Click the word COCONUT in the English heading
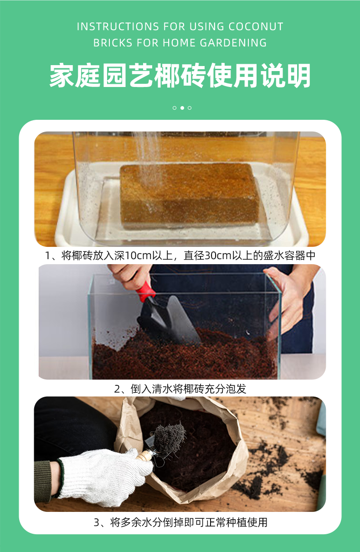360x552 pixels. (256, 26)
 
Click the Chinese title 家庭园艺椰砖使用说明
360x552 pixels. (180, 75)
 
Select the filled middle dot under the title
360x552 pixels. (182, 108)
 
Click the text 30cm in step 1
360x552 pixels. (218, 256)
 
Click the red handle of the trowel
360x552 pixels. (145, 291)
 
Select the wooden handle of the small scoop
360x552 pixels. (145, 455)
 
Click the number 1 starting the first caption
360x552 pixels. (48, 256)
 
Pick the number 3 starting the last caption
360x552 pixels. (97, 522)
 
